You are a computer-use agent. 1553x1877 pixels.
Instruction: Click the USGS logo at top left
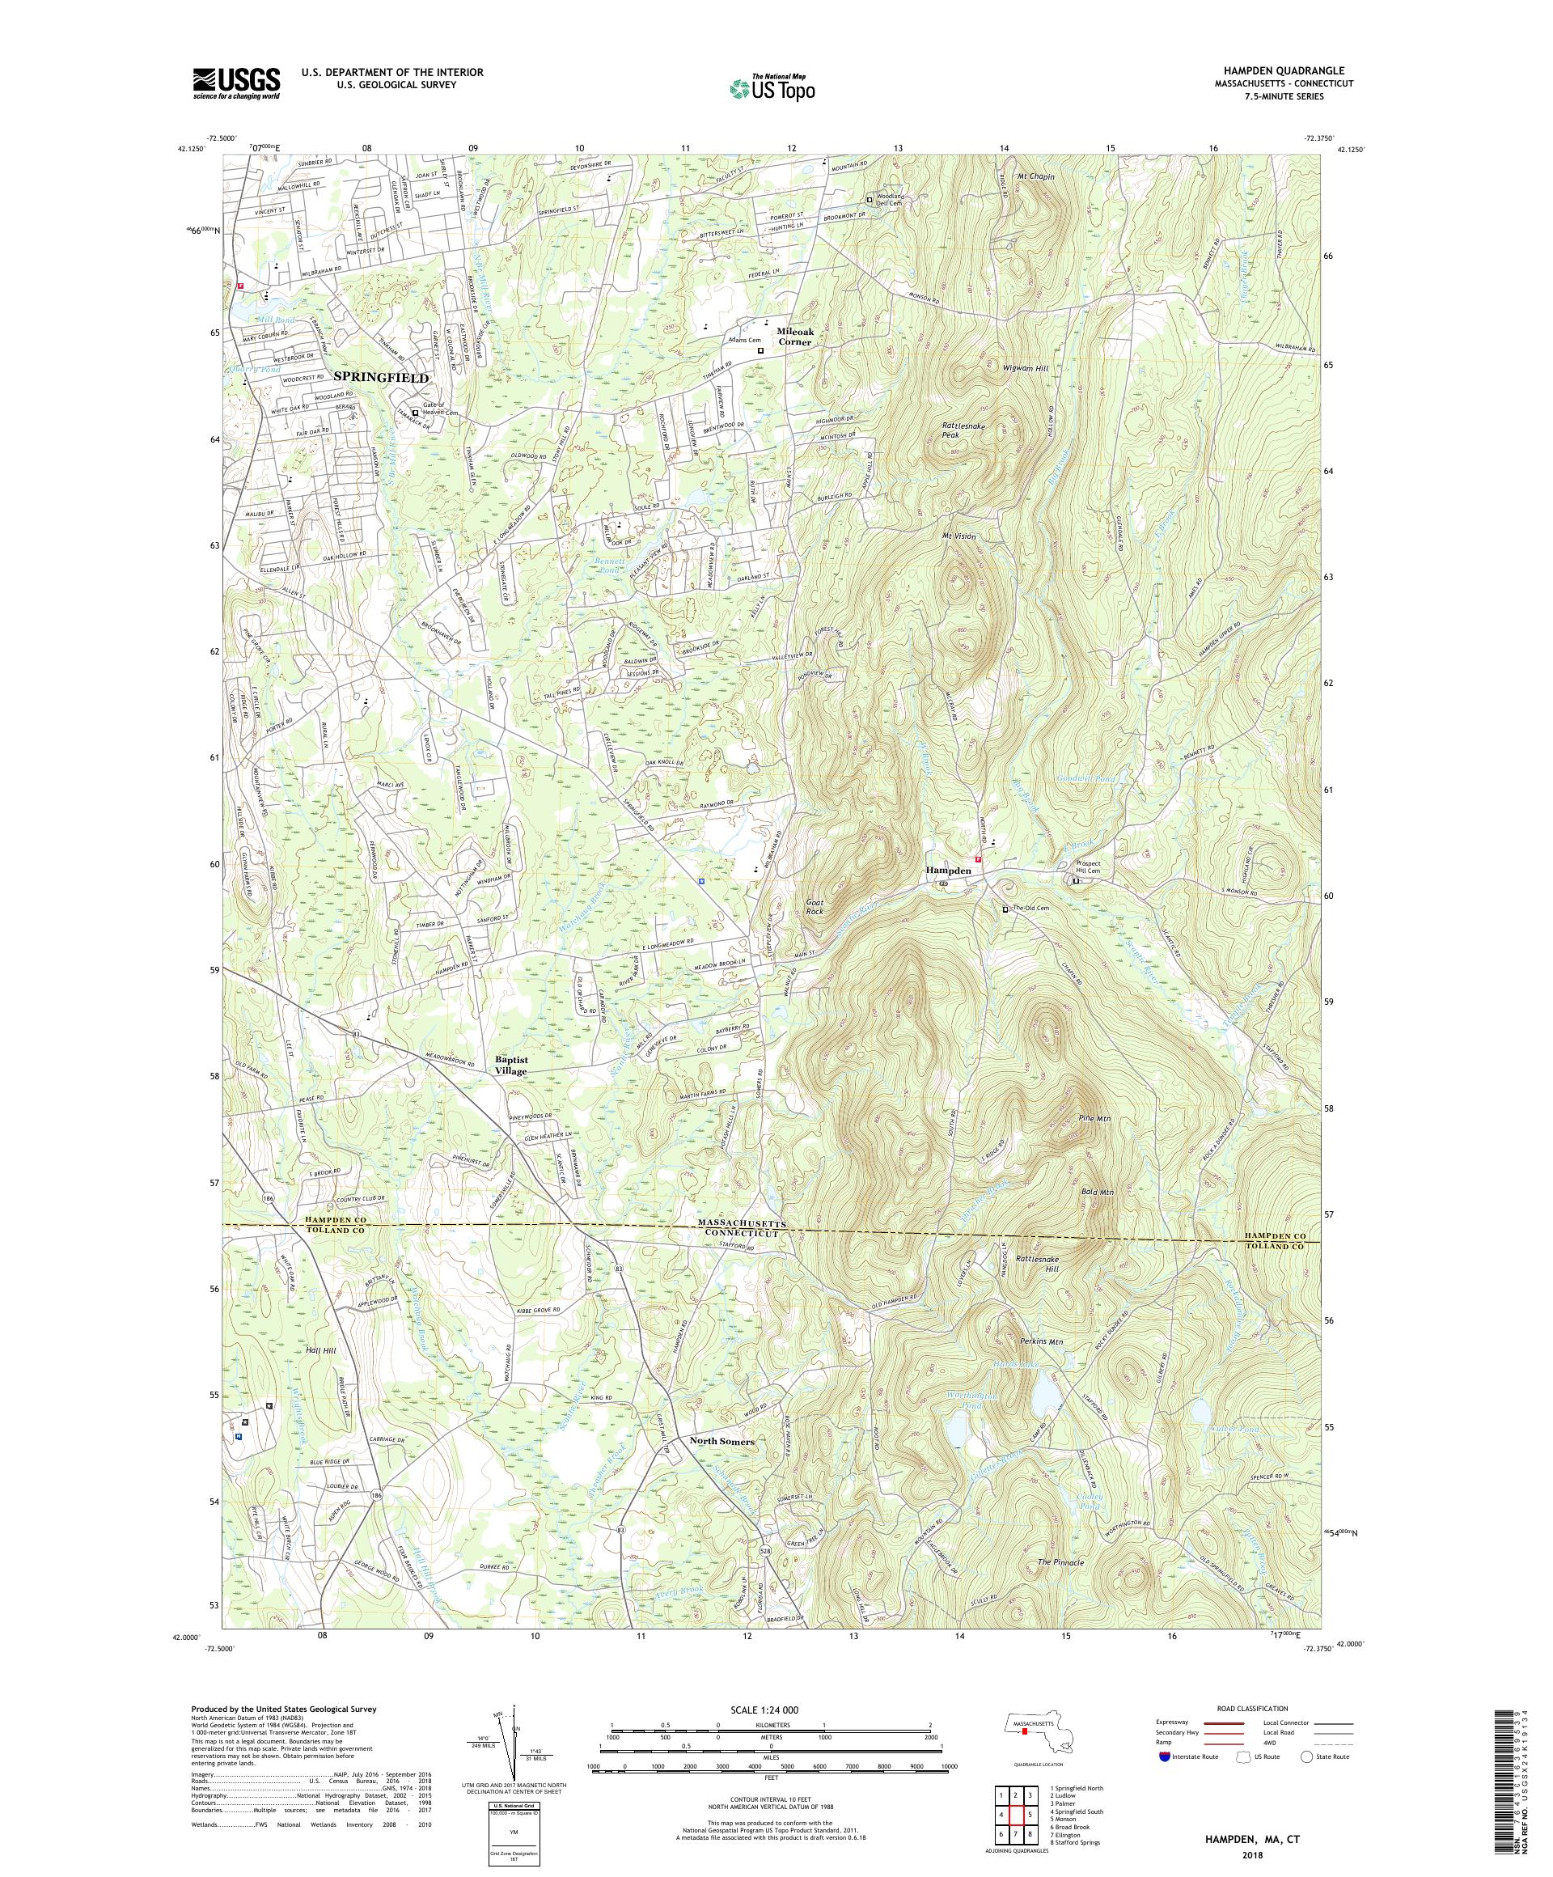click(237, 84)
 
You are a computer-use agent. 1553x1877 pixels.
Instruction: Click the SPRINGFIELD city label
click(382, 378)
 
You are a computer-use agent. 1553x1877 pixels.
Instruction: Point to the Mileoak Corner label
click(793, 335)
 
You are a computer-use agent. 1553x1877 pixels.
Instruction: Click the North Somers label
click(721, 1442)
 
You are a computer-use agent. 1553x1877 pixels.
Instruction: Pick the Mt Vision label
click(958, 537)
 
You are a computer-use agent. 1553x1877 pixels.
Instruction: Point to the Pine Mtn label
click(1094, 1118)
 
